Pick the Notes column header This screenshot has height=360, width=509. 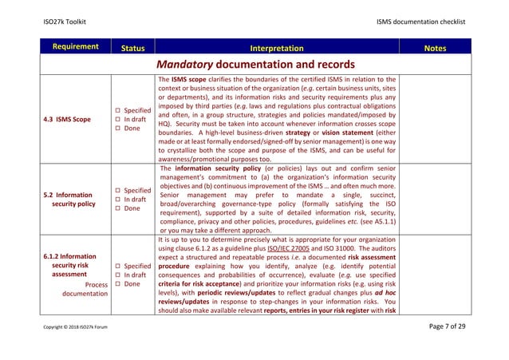(x=435, y=48)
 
